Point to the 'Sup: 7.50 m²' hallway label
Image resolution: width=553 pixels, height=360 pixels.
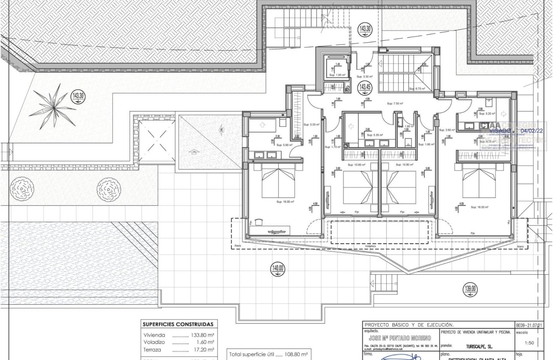pos(395,103)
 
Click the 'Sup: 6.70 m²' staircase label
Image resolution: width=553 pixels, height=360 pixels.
pos(417,89)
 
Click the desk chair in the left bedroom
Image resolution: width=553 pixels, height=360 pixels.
pos(258,222)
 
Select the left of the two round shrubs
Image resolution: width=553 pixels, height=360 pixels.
pos(22,188)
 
